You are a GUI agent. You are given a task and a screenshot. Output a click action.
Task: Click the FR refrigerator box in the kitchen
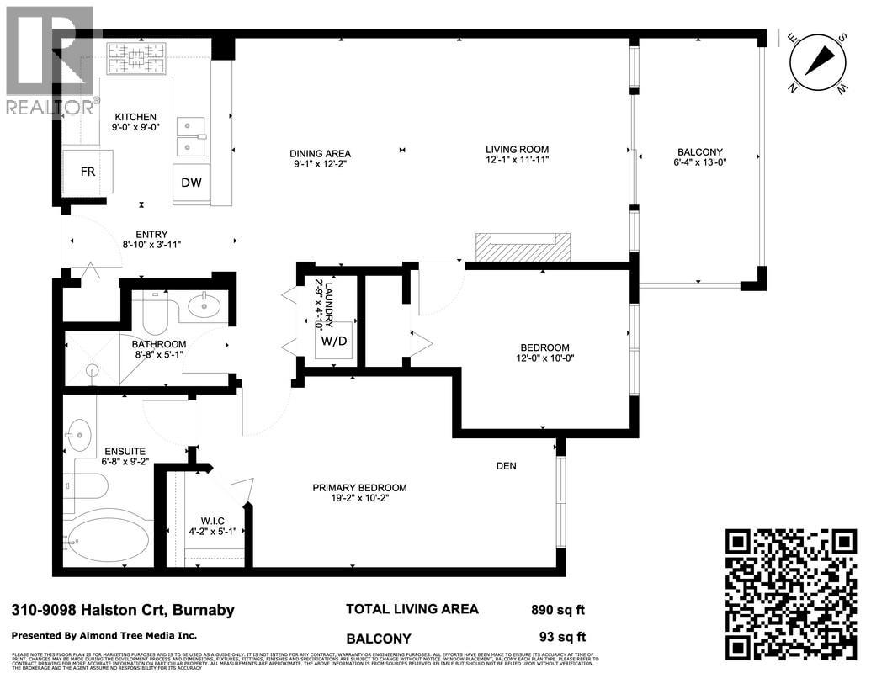click(88, 172)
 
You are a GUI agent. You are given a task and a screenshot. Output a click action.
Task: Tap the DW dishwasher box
click(191, 183)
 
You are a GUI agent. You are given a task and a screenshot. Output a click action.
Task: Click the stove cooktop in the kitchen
click(136, 59)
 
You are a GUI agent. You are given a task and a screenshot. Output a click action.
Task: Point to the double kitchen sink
click(191, 136)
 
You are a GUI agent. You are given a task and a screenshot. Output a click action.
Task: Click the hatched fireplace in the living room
click(523, 247)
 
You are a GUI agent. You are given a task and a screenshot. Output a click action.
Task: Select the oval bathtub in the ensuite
click(109, 538)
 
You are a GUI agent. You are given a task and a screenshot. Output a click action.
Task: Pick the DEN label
click(506, 466)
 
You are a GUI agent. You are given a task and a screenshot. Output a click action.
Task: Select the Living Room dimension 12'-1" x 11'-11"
click(517, 161)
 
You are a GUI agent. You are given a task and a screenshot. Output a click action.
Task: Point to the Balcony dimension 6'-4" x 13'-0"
click(699, 163)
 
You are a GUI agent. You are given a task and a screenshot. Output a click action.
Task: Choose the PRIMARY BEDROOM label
click(359, 488)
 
